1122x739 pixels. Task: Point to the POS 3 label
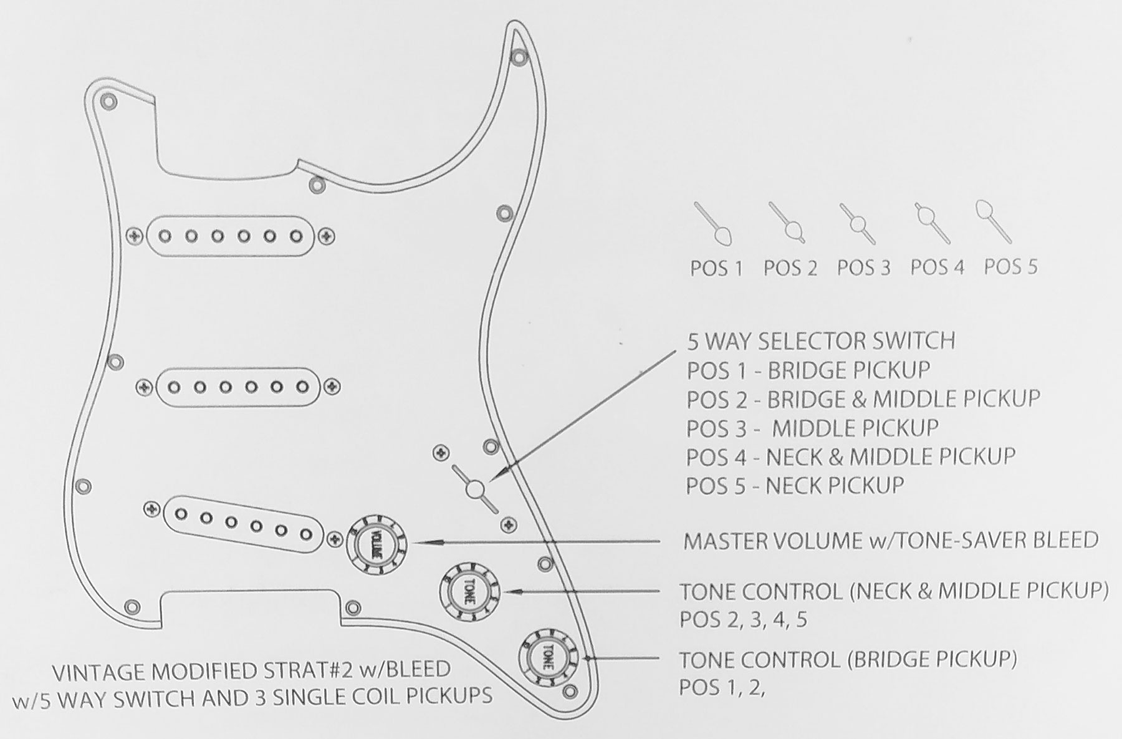tap(863, 268)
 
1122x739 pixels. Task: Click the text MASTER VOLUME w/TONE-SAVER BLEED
tap(890, 540)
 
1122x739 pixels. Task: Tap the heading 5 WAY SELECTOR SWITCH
tap(821, 341)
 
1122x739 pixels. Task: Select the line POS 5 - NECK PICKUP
tap(795, 485)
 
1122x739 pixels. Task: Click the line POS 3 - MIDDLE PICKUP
tap(812, 428)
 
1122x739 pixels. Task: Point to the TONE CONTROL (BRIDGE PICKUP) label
tap(848, 659)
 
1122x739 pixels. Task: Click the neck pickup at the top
tap(231, 236)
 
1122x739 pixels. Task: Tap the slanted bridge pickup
tap(243, 524)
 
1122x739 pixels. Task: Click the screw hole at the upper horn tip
tap(517, 57)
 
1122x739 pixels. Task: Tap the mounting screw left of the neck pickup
tap(135, 236)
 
